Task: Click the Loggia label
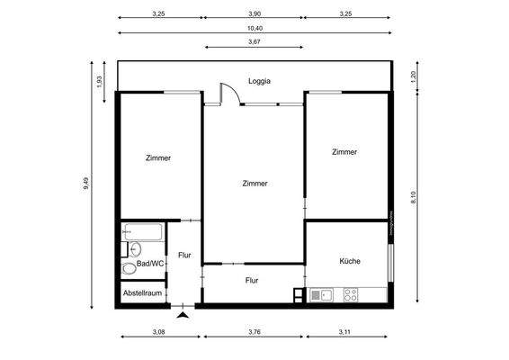tap(259, 81)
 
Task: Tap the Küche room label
tap(350, 261)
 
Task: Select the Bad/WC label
tap(150, 264)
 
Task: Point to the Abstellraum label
tap(142, 293)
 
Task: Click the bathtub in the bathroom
tap(143, 232)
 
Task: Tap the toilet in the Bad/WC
tap(129, 267)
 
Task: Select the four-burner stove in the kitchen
tap(350, 294)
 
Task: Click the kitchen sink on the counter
tap(322, 294)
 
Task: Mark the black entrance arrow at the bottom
tap(183, 314)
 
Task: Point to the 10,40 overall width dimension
tap(254, 28)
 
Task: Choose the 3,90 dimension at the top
tap(254, 13)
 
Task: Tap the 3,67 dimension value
tap(254, 41)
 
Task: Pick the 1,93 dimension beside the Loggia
tap(100, 80)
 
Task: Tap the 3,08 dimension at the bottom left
tap(158, 332)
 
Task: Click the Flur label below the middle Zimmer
tap(253, 280)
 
